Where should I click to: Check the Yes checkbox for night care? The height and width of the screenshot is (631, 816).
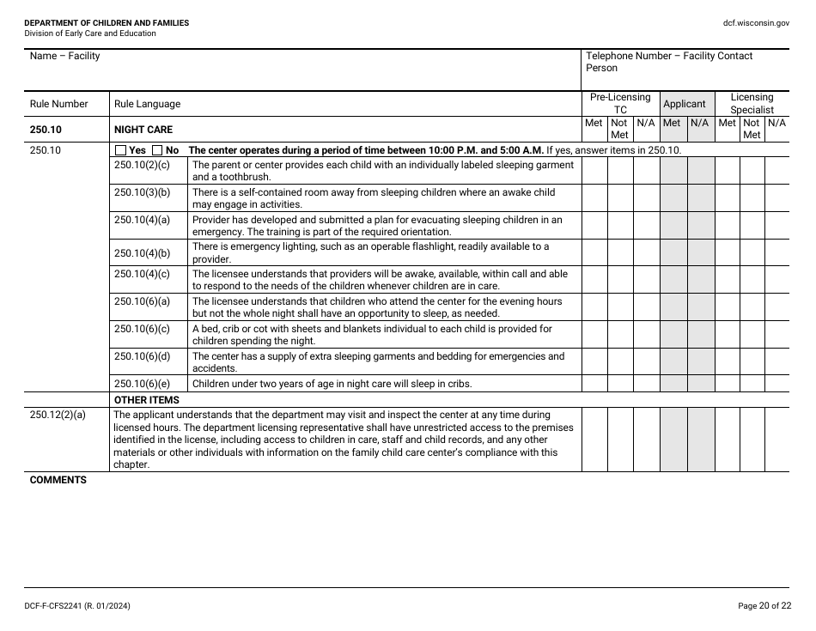(x=120, y=150)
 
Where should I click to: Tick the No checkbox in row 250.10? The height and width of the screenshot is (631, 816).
(x=157, y=150)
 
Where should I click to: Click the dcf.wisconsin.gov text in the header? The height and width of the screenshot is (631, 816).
(x=756, y=23)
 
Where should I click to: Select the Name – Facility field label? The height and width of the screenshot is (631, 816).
(x=64, y=56)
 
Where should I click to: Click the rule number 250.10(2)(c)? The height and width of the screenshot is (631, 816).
(x=142, y=165)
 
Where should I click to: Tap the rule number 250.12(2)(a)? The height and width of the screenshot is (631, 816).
(x=58, y=415)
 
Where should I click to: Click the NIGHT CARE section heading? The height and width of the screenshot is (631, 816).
(x=143, y=130)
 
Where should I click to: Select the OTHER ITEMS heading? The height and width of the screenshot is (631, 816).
(x=147, y=400)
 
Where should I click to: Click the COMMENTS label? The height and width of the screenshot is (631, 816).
(x=58, y=480)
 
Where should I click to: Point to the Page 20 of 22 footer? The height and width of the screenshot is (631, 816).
(x=764, y=606)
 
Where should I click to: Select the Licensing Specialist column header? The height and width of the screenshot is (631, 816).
(x=752, y=104)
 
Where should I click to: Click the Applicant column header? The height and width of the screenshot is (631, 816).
(x=685, y=104)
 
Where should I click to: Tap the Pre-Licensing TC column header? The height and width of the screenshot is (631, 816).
(x=620, y=104)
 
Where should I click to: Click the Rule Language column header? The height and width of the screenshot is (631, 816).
(x=147, y=104)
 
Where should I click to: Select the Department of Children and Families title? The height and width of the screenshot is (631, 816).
(x=107, y=23)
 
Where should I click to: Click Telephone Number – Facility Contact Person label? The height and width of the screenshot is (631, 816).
(x=668, y=62)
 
